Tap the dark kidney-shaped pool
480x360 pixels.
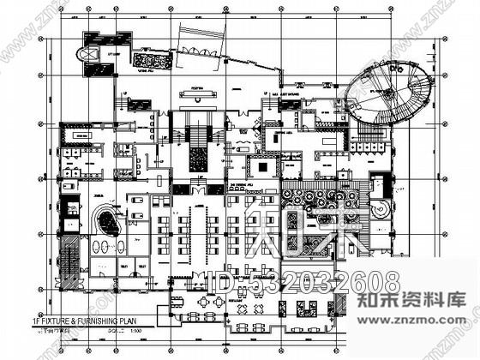pos(110,220)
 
